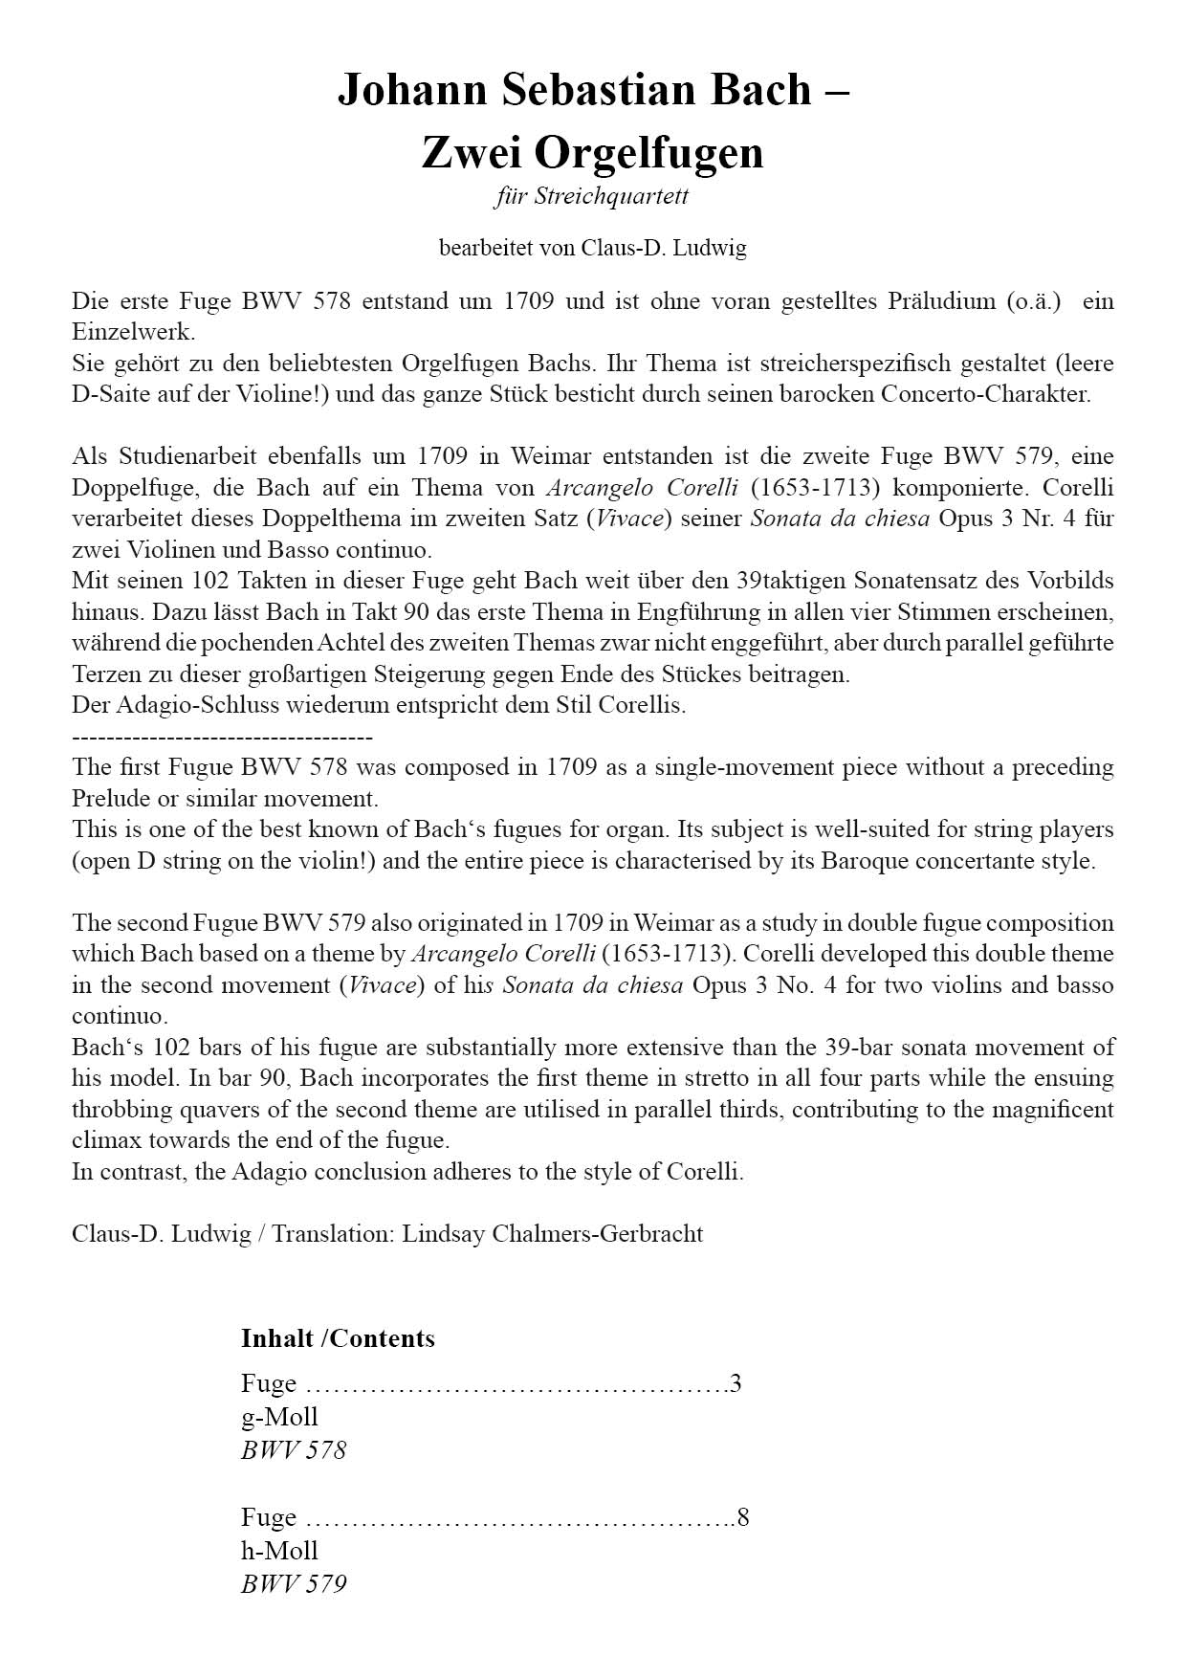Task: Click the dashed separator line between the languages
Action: [x=222, y=737]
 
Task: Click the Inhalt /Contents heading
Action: [x=338, y=1338]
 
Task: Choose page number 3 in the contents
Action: [x=736, y=1383]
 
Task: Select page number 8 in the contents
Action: [x=743, y=1517]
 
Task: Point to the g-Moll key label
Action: [x=279, y=1417]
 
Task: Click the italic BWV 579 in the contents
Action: [x=294, y=1584]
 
